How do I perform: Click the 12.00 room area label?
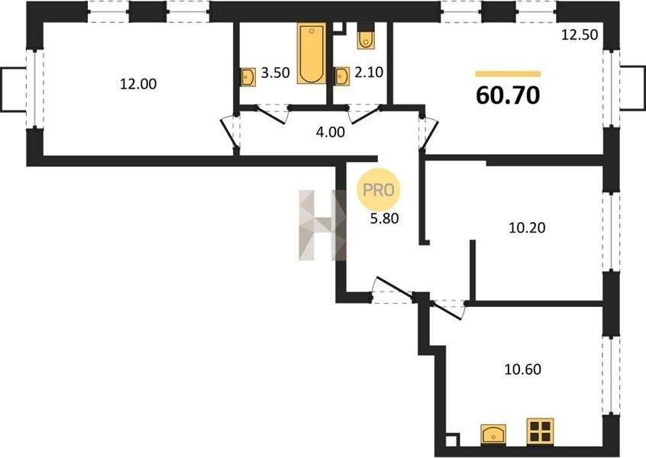tap(138, 84)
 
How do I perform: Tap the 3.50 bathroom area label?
tap(275, 73)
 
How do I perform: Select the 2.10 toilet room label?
tap(369, 73)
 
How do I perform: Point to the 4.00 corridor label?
tap(330, 132)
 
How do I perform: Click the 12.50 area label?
tap(580, 34)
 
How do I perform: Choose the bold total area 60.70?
tap(508, 95)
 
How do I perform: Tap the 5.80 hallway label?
tap(384, 218)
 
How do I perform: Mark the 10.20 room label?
tap(527, 227)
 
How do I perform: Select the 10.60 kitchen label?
tap(523, 369)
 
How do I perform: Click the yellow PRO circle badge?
tap(378, 189)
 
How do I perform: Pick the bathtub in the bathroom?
tap(312, 53)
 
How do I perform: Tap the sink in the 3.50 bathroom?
tap(248, 77)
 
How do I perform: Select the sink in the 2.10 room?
tap(342, 76)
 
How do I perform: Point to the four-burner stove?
tap(540, 431)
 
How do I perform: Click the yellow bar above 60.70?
tap(508, 74)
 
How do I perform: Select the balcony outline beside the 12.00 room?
tap(15, 89)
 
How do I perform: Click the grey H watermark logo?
tap(322, 225)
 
